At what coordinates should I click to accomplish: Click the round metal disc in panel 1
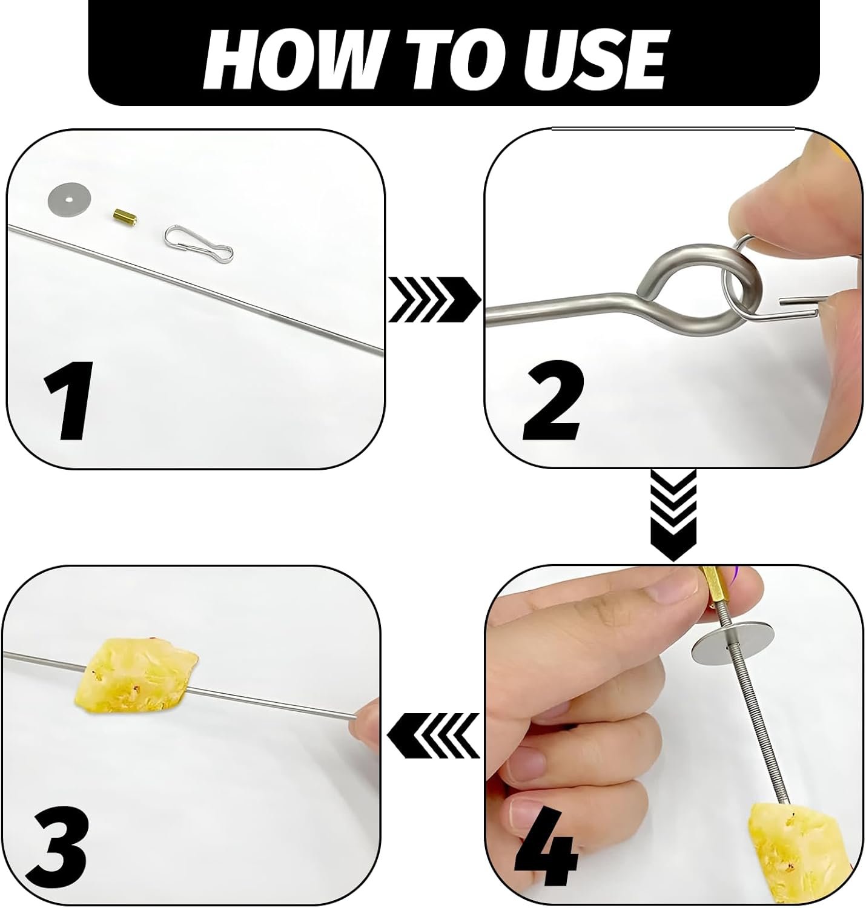pyautogui.click(x=69, y=200)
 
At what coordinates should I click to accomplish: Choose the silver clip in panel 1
pyautogui.click(x=199, y=242)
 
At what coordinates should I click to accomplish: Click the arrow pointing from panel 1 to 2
pyautogui.click(x=434, y=299)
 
